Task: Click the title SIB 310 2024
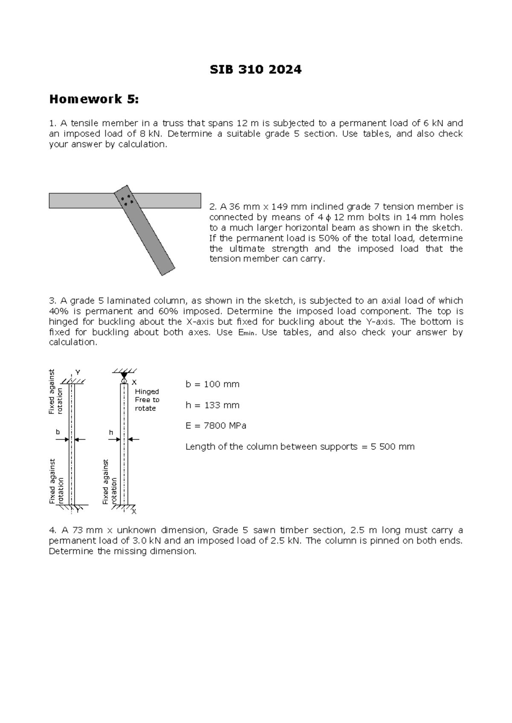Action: [256, 69]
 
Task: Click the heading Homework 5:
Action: [94, 99]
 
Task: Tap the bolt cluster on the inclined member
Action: [127, 200]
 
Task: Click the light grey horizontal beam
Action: [81, 200]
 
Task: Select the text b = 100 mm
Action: [212, 384]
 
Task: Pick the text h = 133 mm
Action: [212, 405]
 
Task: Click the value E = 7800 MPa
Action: [216, 425]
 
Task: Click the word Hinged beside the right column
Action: [147, 391]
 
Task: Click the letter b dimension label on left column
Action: [58, 432]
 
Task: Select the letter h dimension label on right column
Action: [111, 432]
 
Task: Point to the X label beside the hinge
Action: [134, 382]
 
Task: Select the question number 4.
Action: [52, 530]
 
